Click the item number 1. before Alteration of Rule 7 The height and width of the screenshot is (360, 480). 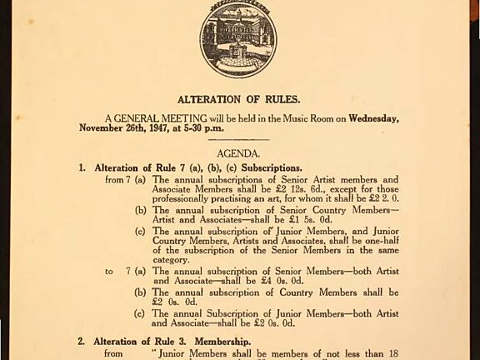tap(82, 167)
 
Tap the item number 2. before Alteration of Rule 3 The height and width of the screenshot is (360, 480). tap(82, 342)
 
